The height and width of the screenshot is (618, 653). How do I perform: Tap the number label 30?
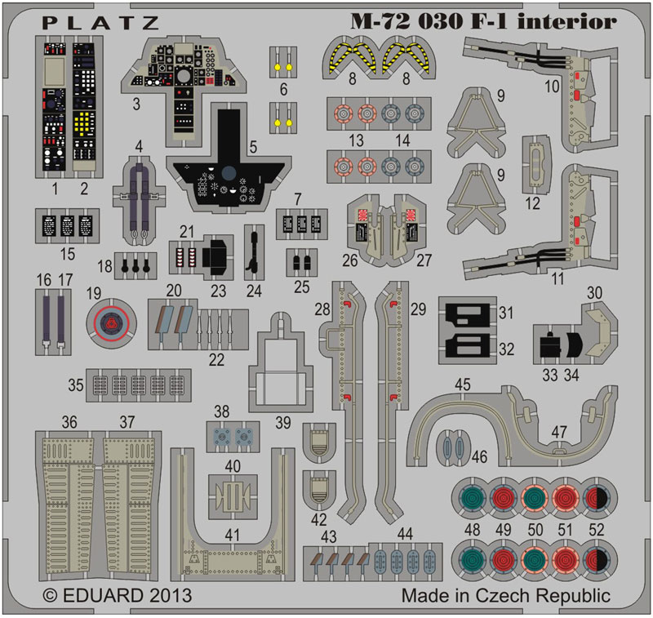point(594,293)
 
